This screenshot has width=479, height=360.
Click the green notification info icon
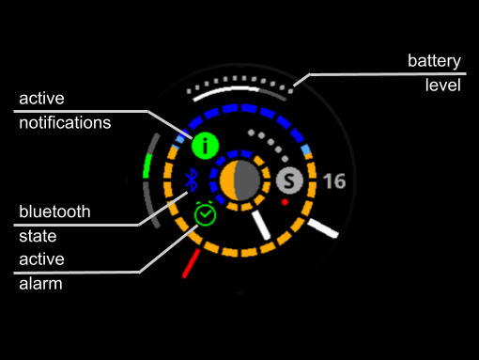(205, 146)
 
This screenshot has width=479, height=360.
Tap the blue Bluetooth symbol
(192, 180)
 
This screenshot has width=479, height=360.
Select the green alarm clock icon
(205, 213)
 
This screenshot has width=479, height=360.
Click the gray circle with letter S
(289, 180)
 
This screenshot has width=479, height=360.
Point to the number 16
(334, 181)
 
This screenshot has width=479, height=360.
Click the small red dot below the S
(285, 202)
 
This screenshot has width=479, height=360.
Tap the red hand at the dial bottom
(192, 263)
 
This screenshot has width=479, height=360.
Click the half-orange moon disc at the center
(240, 180)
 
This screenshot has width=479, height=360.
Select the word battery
(434, 60)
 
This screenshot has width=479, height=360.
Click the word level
(443, 85)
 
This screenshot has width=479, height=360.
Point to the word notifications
(65, 122)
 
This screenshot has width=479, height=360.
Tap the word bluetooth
(54, 211)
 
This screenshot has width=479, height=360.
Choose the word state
(38, 236)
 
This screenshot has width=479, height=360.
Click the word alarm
(40, 284)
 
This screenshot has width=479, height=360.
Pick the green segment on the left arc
(147, 166)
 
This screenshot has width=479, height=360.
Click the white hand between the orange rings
(261, 225)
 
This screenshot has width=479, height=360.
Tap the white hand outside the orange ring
(323, 228)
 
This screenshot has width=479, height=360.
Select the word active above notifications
(41, 99)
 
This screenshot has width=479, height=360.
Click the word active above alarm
(41, 259)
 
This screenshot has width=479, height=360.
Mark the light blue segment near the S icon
(306, 149)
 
